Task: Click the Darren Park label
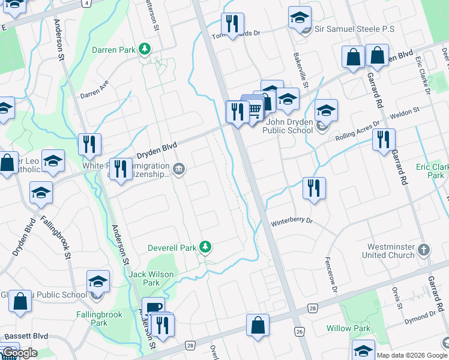[x=113, y=50]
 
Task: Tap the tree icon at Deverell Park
[x=205, y=247]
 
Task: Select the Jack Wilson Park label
[x=151, y=278]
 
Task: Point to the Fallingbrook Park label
[x=99, y=319]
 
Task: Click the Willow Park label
[x=349, y=328]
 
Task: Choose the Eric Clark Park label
[x=432, y=171]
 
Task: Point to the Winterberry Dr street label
[x=292, y=221]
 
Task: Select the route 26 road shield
[x=299, y=331]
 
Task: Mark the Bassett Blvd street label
[x=26, y=336]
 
